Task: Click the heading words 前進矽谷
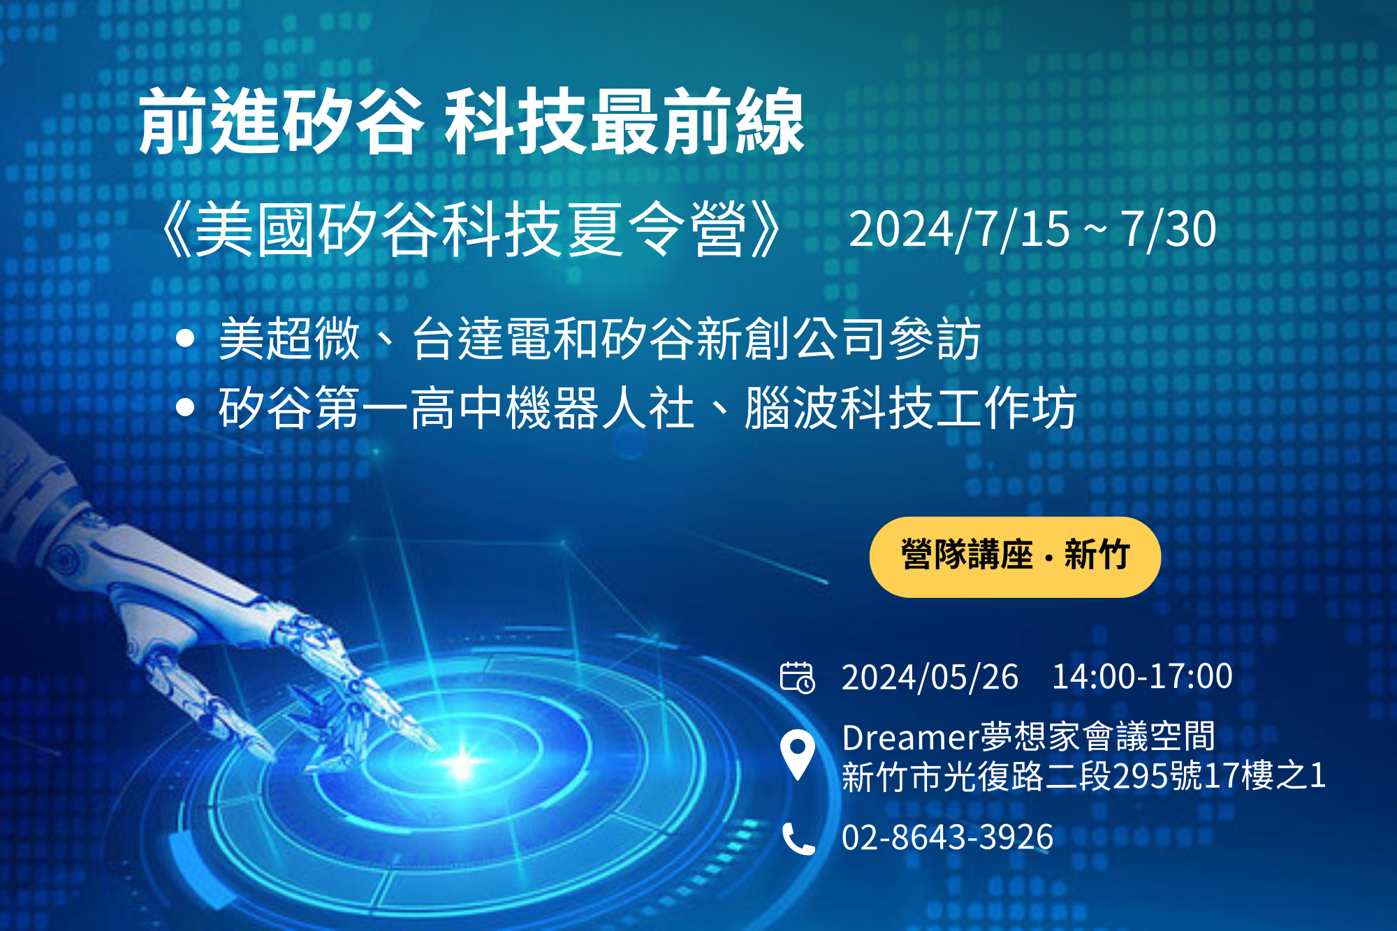[x=281, y=121]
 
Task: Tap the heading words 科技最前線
[x=624, y=121]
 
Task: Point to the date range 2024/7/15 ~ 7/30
[x=1032, y=229]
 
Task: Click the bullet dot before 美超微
[x=185, y=339]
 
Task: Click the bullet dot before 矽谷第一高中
[x=185, y=407]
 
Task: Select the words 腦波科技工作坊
[x=910, y=407]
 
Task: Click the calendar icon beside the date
[x=797, y=677]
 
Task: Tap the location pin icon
[x=798, y=755]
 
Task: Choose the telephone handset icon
[x=798, y=838]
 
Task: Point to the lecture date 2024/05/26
[x=930, y=677]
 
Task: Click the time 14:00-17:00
[x=1142, y=677]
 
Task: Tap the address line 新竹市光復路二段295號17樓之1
[x=1084, y=776]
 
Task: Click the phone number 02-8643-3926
[x=947, y=837]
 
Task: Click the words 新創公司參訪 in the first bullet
[x=839, y=339]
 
